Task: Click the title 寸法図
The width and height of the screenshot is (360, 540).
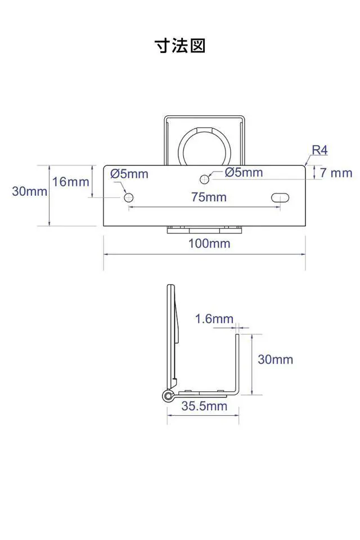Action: pos(180,46)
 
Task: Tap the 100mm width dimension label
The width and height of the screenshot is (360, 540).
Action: pos(209,244)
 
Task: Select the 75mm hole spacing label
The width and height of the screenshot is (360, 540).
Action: pos(209,197)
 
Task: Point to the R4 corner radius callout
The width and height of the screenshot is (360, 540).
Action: pos(319,150)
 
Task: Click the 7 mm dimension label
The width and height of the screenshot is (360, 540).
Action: pos(336,173)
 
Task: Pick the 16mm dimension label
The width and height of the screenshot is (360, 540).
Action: pos(71,182)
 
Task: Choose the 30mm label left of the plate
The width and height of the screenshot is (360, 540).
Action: pos(30,191)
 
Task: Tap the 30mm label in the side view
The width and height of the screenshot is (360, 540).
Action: pos(275,359)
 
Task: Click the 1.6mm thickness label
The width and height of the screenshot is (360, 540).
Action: pos(214,318)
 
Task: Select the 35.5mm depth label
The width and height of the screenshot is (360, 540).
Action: pos(204,406)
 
